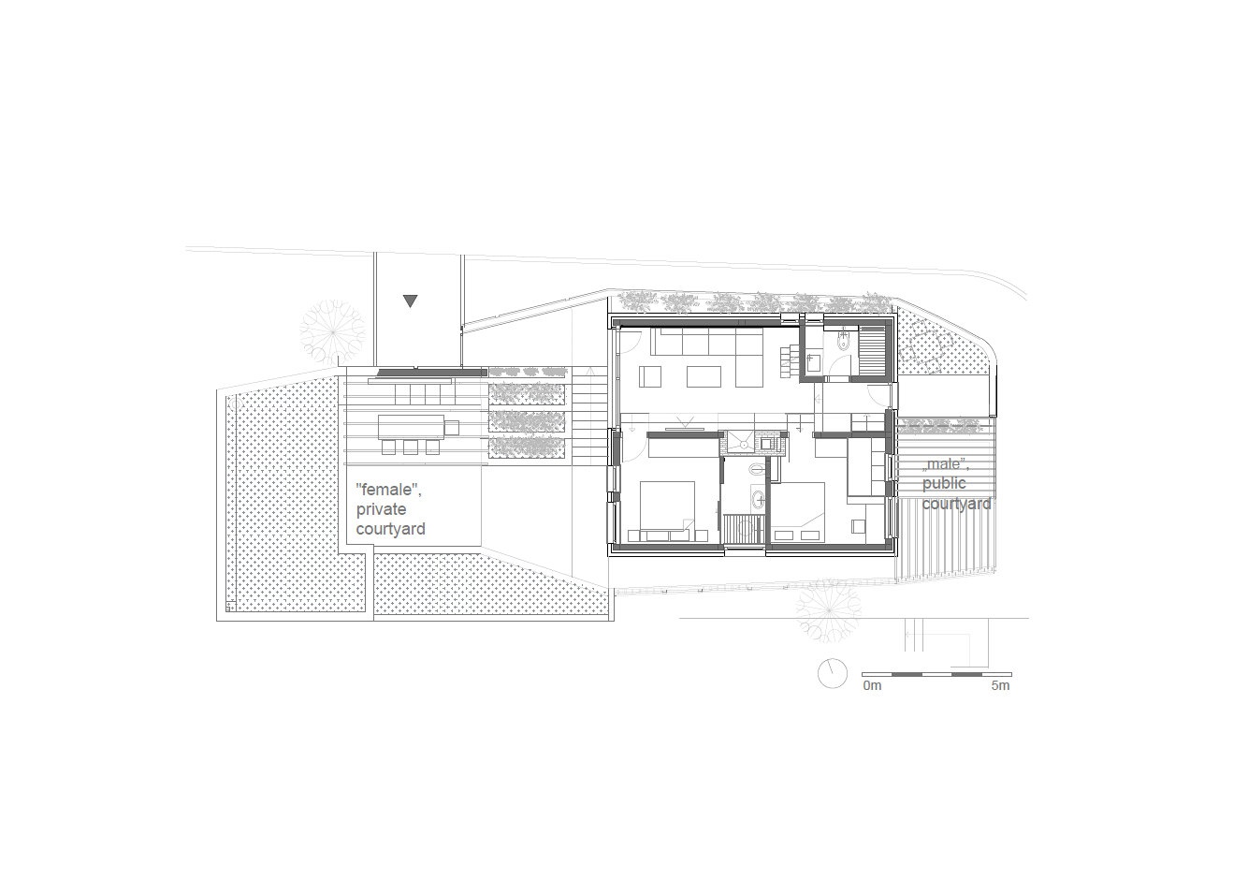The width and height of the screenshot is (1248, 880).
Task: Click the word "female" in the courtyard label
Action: click(x=386, y=490)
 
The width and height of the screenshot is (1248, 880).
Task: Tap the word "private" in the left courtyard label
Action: click(x=381, y=509)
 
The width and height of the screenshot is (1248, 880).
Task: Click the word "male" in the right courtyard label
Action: click(x=944, y=464)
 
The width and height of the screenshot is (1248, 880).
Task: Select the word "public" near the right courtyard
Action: click(x=944, y=483)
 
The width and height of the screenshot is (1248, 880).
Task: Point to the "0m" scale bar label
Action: click(x=872, y=685)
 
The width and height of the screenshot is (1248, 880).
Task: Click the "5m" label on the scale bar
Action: click(x=1000, y=685)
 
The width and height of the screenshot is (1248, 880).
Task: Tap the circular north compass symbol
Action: click(x=833, y=673)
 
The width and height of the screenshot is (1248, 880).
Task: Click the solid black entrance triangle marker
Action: click(x=411, y=301)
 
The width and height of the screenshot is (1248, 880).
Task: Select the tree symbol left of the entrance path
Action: click(x=333, y=332)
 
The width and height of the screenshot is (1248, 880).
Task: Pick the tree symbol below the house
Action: click(x=829, y=610)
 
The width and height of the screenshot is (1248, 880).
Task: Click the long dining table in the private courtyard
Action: click(x=412, y=427)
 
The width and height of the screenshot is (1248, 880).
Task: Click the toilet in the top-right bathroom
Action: click(x=845, y=340)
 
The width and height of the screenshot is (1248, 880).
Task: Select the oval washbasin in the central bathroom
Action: click(x=759, y=497)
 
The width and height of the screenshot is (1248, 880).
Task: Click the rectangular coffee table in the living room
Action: click(x=704, y=376)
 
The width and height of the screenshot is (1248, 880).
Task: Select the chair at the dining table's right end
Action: click(x=452, y=428)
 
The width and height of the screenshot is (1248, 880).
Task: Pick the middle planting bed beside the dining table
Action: click(x=527, y=420)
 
